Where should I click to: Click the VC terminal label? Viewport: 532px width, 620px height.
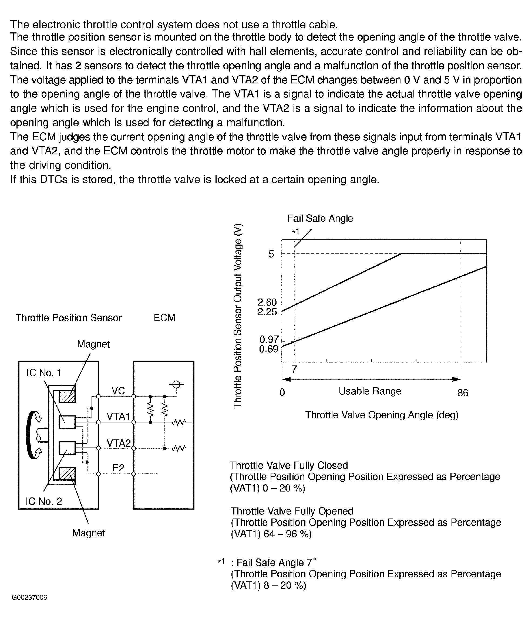tap(118, 391)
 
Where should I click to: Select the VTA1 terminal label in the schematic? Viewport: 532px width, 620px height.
tap(118, 416)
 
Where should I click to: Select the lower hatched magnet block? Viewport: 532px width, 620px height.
tap(67, 476)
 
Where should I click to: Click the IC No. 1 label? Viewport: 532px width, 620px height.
tap(44, 373)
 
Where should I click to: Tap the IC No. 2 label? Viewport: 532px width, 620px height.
tap(44, 501)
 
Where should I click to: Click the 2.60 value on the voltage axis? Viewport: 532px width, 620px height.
tap(267, 302)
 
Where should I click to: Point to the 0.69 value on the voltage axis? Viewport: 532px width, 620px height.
tap(268, 349)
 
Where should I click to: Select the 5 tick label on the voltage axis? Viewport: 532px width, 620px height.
tap(271, 254)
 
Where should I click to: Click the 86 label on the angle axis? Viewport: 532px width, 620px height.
tap(463, 392)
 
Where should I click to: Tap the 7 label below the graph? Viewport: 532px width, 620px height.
tap(294, 370)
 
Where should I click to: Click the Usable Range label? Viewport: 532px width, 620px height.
tap(370, 391)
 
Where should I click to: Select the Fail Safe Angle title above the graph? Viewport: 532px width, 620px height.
tap(320, 218)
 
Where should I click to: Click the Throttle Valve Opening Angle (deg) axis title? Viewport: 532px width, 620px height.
tap(382, 415)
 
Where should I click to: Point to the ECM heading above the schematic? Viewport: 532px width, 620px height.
tap(164, 317)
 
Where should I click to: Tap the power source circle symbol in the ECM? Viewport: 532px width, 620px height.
tap(176, 384)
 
